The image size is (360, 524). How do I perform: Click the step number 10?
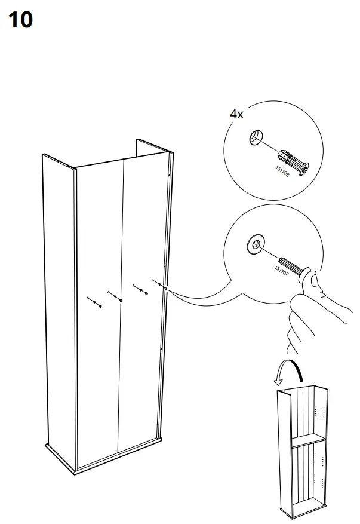[20, 21]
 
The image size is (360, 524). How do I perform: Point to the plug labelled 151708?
[294, 160]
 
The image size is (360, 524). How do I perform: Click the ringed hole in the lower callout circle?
[256, 243]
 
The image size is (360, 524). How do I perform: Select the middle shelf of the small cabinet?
[307, 442]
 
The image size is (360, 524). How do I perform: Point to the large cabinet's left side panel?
[58, 299]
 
